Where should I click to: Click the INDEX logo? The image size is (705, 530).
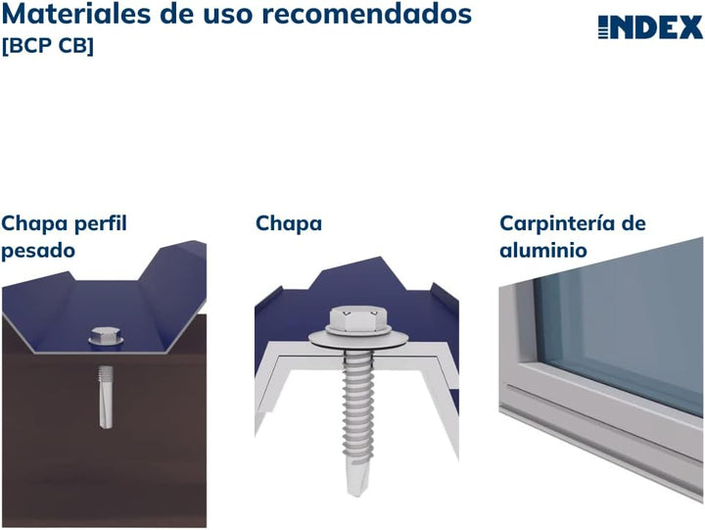click(x=650, y=27)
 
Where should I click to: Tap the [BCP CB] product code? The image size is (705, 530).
click(x=48, y=46)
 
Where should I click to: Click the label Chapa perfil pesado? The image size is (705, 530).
click(x=64, y=236)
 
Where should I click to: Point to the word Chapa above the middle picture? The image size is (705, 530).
click(x=289, y=223)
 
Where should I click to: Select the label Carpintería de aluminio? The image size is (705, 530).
click(x=572, y=236)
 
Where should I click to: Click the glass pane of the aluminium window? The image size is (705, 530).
click(x=627, y=323)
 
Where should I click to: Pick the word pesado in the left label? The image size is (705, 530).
click(x=38, y=250)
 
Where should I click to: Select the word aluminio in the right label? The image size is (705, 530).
click(x=543, y=250)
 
